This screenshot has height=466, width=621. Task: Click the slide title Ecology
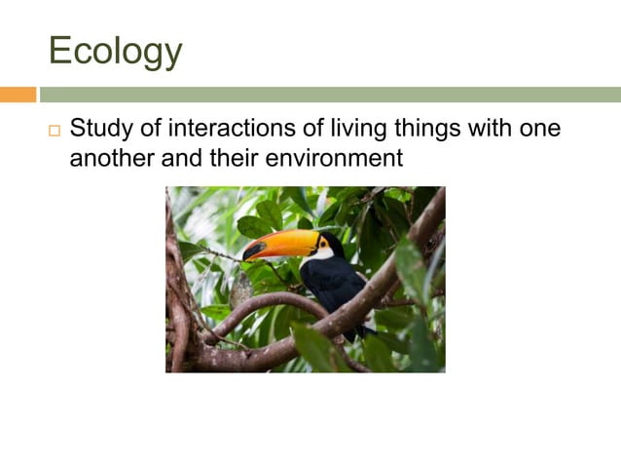click(115, 51)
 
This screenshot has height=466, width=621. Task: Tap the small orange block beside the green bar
click(18, 95)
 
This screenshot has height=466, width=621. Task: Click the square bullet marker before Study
click(55, 131)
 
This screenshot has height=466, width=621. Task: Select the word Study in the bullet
click(101, 129)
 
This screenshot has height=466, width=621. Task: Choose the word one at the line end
click(539, 129)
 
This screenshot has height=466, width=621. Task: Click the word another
click(112, 157)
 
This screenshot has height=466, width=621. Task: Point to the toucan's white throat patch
click(317, 255)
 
